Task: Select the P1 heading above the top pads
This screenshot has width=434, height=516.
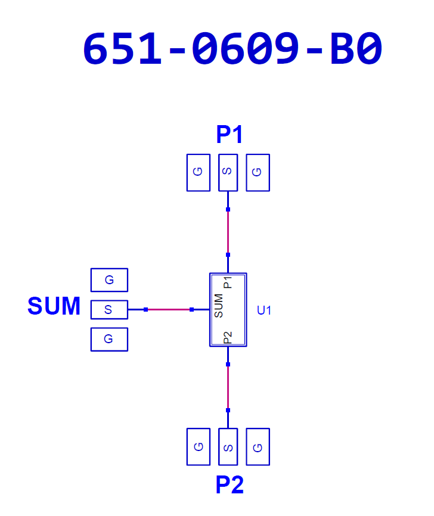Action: coord(230,135)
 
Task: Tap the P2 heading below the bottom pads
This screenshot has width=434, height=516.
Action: coord(230,485)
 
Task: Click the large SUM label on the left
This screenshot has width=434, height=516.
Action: coord(54,306)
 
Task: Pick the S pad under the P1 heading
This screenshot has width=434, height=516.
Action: coord(228,172)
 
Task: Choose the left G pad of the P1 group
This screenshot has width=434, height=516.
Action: coord(199,172)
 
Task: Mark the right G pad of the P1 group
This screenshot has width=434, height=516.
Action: coord(258,172)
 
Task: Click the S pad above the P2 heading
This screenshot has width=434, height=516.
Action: coord(228,446)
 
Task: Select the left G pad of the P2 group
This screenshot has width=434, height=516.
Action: coord(199,446)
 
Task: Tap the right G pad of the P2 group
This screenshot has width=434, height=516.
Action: coord(258,446)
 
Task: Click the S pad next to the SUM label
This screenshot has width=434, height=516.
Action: coord(109,309)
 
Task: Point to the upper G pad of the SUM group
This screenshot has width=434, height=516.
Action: coord(109,279)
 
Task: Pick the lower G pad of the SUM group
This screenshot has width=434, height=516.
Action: coord(109,339)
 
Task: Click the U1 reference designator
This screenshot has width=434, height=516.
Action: coord(264,310)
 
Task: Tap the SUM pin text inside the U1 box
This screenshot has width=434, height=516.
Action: coord(219,306)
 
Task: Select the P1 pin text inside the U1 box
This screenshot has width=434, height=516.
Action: coord(228,282)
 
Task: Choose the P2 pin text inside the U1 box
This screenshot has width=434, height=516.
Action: coord(228,338)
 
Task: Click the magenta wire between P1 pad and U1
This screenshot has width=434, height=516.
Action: coord(228,232)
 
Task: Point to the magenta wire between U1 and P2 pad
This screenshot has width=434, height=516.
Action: coord(228,387)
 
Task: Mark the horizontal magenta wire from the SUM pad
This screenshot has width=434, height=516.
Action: coord(169,309)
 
